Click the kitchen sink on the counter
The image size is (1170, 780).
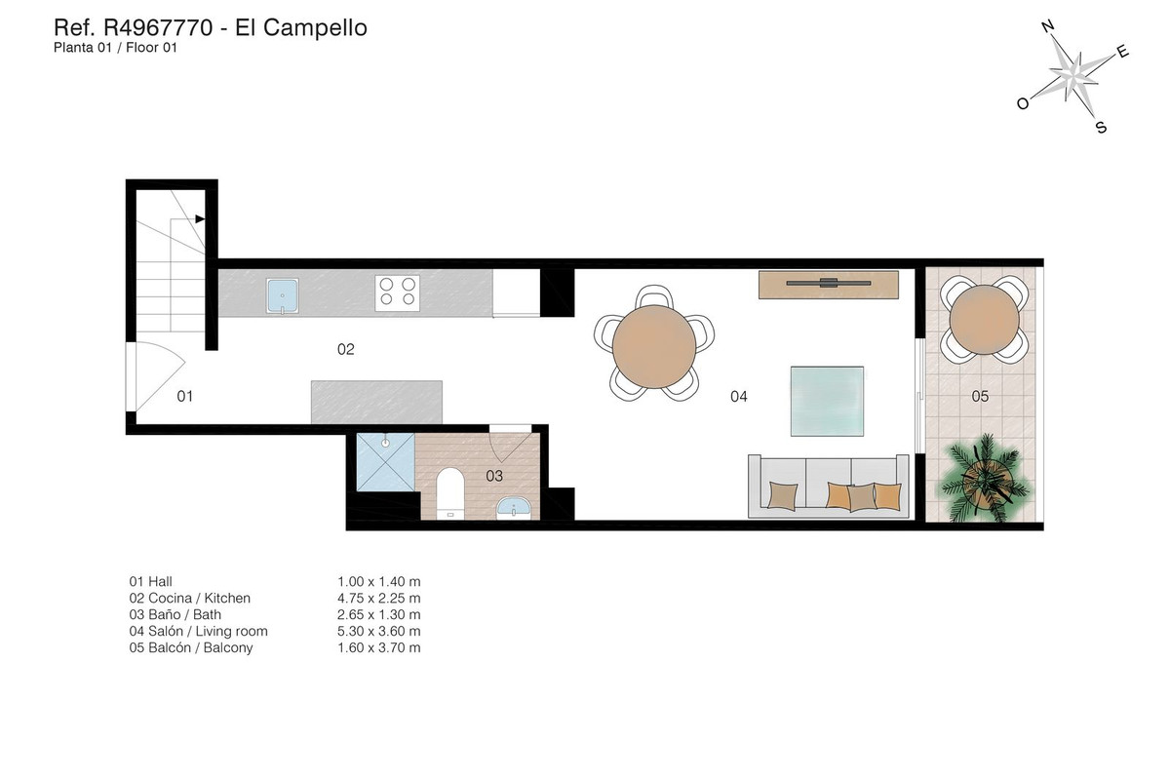[284, 294]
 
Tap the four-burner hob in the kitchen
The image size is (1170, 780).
[397, 292]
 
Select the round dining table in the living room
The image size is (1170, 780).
[654, 342]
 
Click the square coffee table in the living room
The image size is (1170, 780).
[828, 400]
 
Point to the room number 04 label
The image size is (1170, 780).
[738, 397]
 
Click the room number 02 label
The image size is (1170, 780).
[345, 349]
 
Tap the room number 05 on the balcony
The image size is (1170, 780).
[980, 396]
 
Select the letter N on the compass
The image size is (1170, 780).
[1047, 28]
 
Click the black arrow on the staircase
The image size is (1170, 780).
[200, 219]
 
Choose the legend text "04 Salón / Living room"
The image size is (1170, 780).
[198, 631]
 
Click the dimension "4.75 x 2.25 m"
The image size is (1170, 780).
[378, 598]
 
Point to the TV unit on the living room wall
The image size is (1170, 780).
[829, 284]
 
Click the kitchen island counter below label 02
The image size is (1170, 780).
[376, 402]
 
